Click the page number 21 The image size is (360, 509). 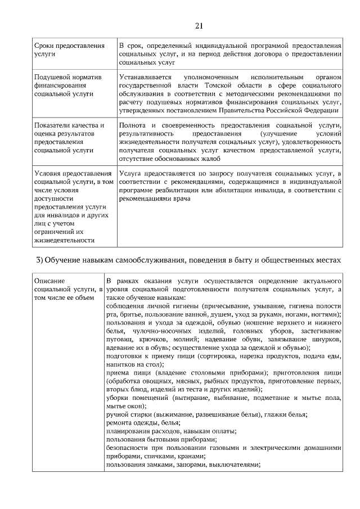pyautogui.click(x=199, y=25)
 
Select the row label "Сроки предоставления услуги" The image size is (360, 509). pyautogui.click(x=69, y=49)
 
